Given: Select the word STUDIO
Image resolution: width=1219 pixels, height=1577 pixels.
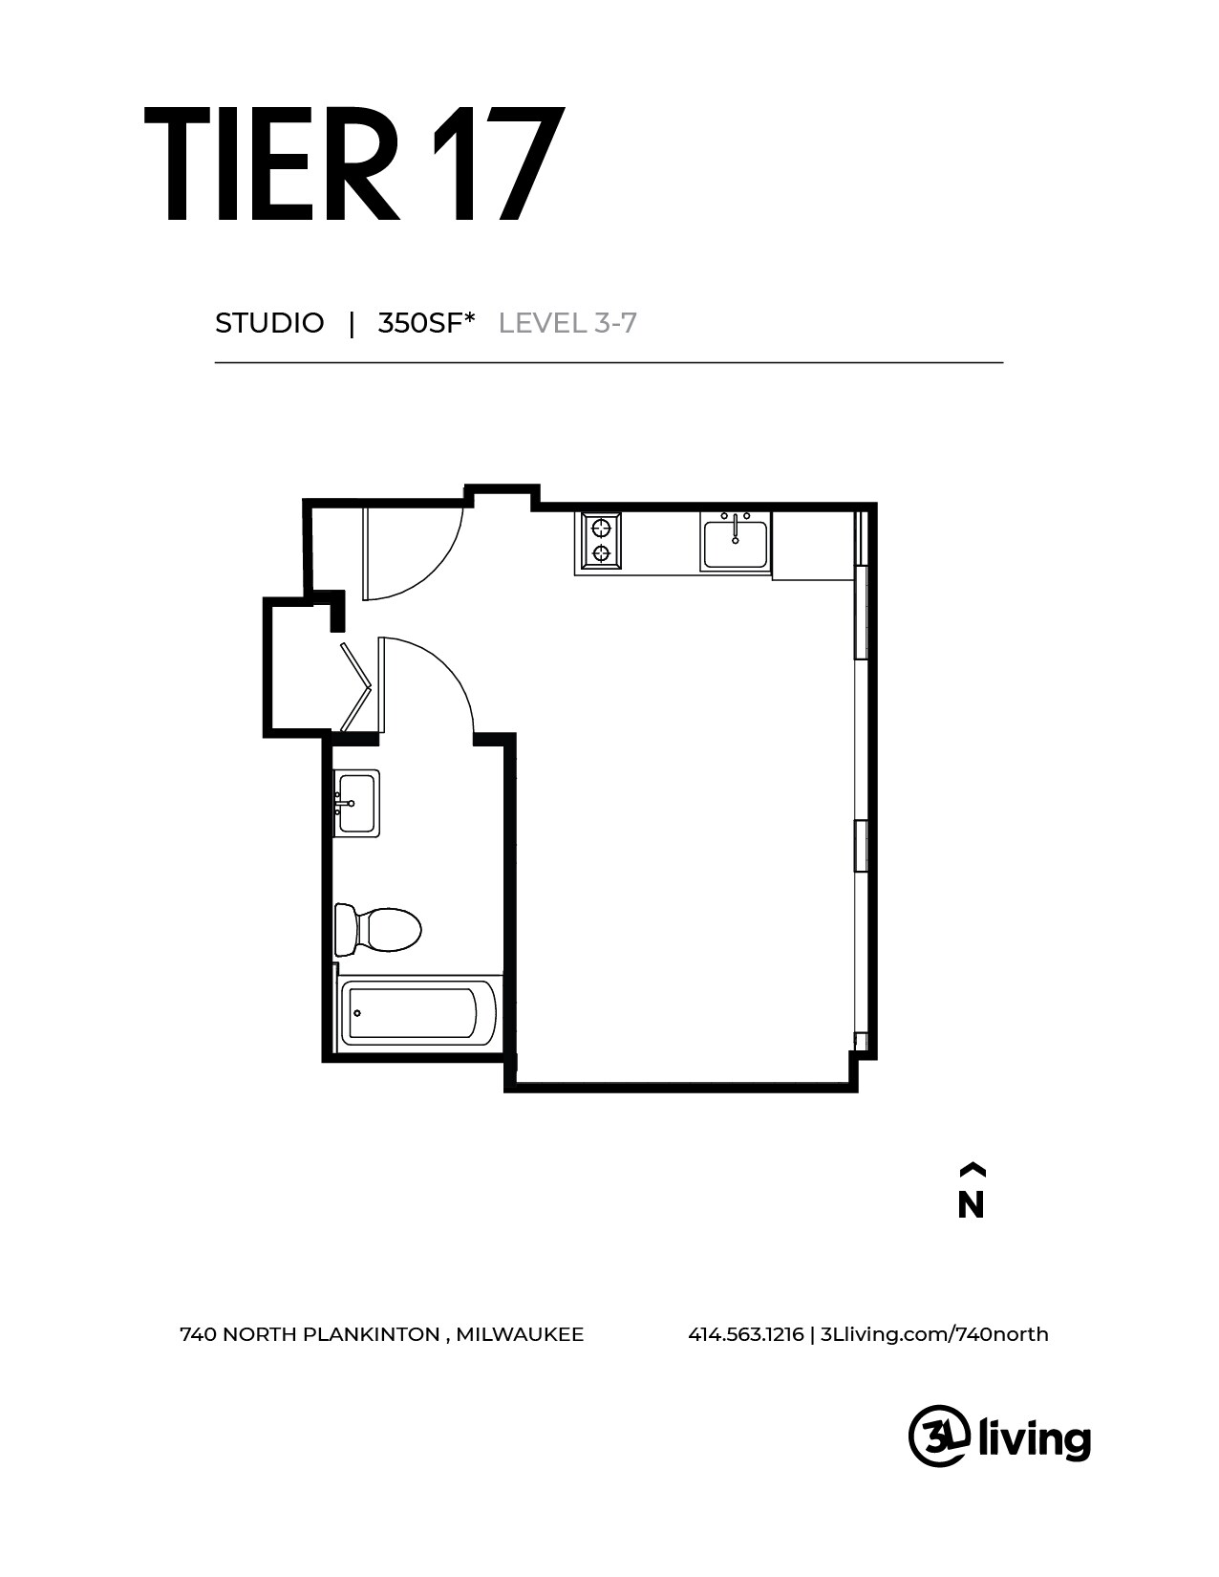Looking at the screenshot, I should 269,323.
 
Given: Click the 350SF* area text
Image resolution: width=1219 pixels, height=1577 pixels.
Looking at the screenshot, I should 426,323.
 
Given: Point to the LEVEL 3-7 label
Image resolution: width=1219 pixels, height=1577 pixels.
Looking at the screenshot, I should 567,323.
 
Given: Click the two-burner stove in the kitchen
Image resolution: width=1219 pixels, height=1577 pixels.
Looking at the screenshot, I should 601,541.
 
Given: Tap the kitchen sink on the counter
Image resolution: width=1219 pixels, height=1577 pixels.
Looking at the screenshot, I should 735,542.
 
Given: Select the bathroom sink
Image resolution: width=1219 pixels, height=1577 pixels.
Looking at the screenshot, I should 356,803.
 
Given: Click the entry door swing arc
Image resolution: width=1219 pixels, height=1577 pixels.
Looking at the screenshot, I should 420,554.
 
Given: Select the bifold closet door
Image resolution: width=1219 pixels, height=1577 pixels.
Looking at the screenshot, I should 355,686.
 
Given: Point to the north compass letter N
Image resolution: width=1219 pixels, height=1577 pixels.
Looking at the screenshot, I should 971,1206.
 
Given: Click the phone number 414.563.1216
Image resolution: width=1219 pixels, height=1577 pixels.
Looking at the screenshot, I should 745,1334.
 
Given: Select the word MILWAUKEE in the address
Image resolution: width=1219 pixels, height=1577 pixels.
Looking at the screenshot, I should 520,1334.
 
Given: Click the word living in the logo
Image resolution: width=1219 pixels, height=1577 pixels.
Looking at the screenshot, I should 1036,1438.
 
